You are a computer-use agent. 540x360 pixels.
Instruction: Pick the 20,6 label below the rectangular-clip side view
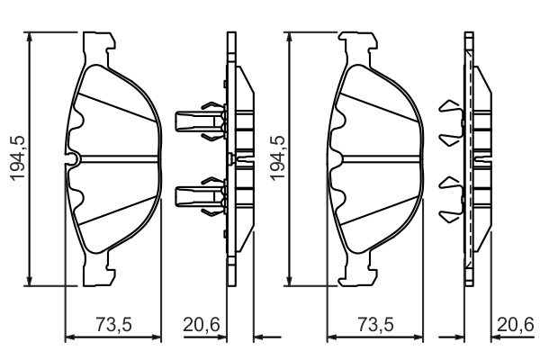click(x=202, y=325)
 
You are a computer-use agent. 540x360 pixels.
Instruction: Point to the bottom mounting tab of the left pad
click(x=100, y=268)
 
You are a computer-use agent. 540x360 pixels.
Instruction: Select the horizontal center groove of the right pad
click(x=378, y=159)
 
